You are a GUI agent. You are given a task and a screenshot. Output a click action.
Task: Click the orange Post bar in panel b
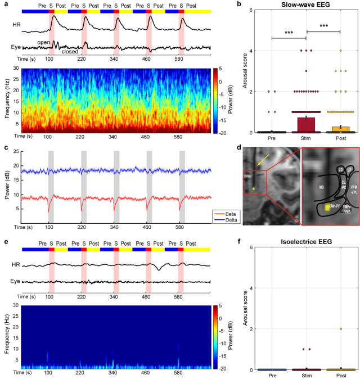[x=340, y=129]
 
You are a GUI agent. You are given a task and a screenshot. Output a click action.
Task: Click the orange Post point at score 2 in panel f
[x=340, y=329]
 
